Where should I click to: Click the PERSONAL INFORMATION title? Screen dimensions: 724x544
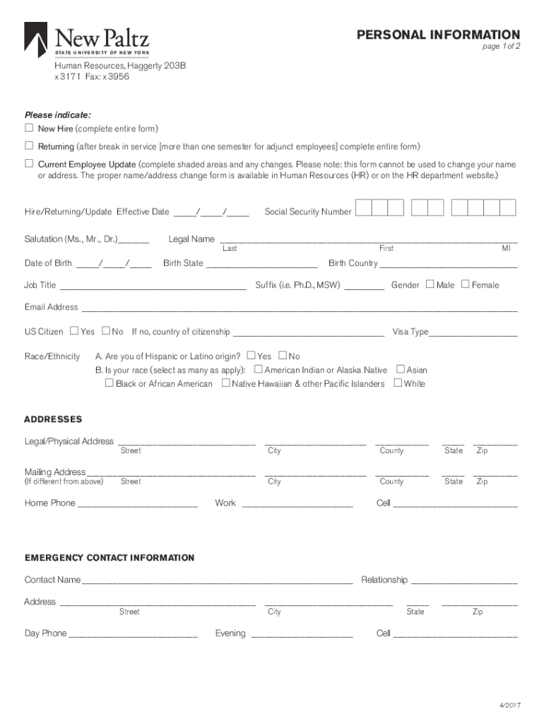tap(438, 35)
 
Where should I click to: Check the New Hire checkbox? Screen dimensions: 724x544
tap(29, 128)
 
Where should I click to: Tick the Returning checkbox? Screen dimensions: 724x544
tap(29, 146)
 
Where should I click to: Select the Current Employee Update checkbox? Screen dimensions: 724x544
tap(29, 163)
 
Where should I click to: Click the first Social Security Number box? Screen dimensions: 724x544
tap(363, 207)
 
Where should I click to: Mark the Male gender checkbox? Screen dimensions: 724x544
tap(430, 284)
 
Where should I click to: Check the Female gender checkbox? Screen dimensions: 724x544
tap(465, 284)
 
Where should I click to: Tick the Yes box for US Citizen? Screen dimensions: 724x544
tap(74, 331)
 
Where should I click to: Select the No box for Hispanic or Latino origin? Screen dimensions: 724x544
tap(283, 356)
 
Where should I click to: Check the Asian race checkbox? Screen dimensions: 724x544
tap(401, 369)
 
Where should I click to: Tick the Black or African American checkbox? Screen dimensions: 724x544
tap(109, 383)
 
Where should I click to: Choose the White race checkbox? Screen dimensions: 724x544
tap(398, 383)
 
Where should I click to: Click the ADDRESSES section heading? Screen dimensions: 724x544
tap(53, 419)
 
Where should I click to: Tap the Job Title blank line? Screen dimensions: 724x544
tap(153, 286)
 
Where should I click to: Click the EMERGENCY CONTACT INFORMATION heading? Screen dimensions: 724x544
tap(110, 558)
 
